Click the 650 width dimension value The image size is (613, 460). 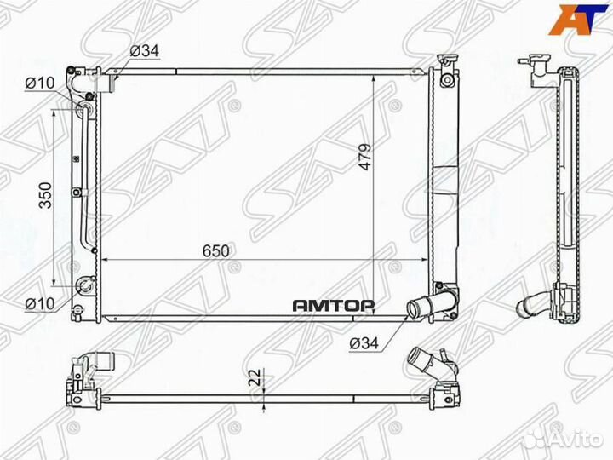217,250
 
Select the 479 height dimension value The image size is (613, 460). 364,158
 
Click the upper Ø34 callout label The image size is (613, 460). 144,51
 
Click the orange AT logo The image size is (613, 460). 579,19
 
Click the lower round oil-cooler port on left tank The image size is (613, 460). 84,287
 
